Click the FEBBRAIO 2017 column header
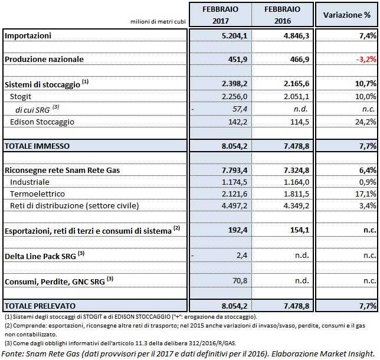(x=220, y=14)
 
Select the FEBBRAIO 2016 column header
(x=282, y=14)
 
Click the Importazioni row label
(x=28, y=36)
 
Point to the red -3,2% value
(x=364, y=59)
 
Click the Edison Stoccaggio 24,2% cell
(x=364, y=122)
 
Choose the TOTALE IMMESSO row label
(x=37, y=145)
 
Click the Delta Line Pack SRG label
(x=41, y=256)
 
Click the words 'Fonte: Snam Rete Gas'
(x=41, y=353)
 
